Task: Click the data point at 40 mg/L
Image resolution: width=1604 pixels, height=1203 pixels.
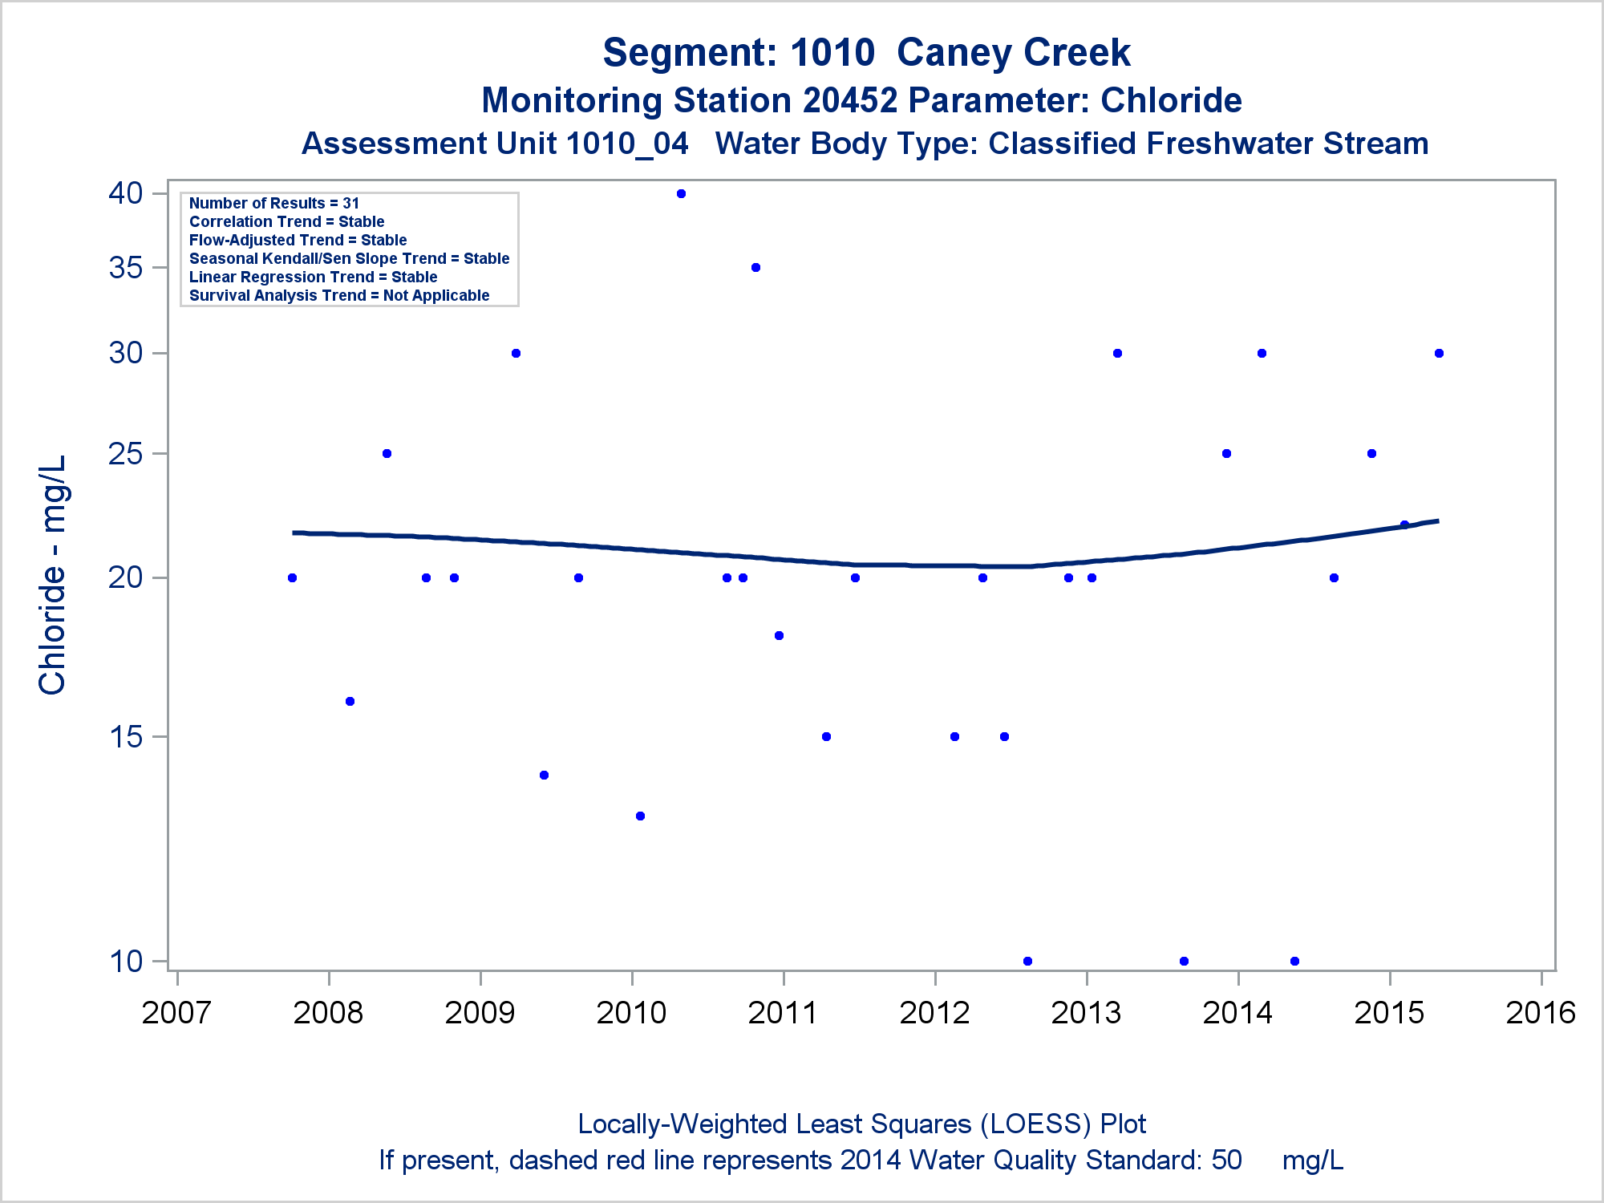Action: (x=681, y=193)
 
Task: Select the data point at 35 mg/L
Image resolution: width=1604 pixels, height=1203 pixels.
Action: (x=755, y=267)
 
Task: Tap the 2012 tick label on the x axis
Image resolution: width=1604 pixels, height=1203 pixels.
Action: (x=934, y=1013)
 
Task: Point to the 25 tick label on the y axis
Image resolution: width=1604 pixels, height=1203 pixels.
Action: (x=126, y=454)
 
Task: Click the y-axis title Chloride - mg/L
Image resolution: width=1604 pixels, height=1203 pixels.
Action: (x=52, y=575)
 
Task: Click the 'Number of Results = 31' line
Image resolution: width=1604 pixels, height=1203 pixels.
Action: (x=274, y=203)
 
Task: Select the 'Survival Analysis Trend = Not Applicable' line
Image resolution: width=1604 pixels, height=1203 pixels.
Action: (x=339, y=295)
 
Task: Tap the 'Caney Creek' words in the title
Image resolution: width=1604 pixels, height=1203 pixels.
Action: (x=1013, y=53)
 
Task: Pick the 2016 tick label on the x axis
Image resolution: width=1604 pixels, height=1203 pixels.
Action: (x=1541, y=1013)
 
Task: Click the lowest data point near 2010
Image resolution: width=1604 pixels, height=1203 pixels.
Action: (x=640, y=816)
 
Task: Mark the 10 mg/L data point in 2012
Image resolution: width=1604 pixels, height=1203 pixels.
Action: (x=1027, y=961)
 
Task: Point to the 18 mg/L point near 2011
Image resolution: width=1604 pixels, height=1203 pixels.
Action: (x=779, y=635)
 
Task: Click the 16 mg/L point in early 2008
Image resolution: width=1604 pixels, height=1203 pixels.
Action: (x=350, y=701)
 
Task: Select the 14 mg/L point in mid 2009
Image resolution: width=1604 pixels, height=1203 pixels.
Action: (x=544, y=775)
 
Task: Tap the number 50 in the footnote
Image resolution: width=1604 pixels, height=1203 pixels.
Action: (x=1226, y=1160)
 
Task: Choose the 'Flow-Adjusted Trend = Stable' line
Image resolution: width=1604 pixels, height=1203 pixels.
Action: (x=298, y=240)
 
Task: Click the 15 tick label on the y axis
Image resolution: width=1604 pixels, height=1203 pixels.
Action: (x=126, y=737)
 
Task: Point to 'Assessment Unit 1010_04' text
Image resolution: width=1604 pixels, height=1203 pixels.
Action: (x=495, y=144)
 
